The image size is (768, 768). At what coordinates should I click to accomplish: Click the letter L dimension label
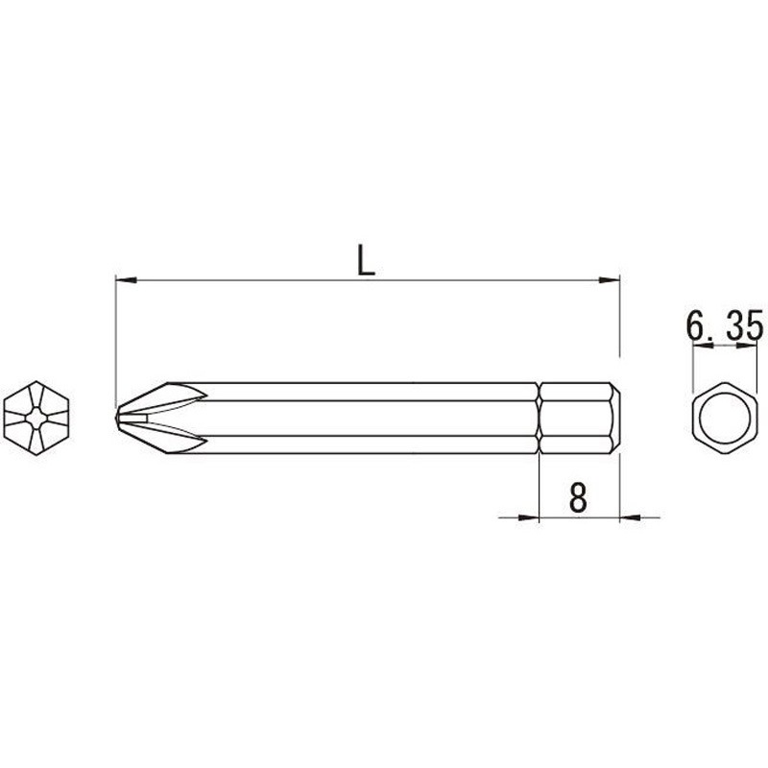click(x=367, y=259)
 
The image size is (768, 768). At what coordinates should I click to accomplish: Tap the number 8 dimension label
click(x=578, y=496)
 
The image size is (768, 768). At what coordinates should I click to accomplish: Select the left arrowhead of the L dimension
click(x=126, y=280)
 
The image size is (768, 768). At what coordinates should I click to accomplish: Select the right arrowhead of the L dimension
click(x=610, y=280)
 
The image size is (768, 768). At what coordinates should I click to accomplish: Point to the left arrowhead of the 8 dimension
click(x=529, y=516)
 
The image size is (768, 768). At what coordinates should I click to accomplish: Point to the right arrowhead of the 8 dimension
click(x=631, y=516)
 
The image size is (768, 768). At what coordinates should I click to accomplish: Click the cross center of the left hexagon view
click(x=36, y=418)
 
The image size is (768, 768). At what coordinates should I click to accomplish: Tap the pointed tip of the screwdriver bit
click(x=116, y=418)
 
